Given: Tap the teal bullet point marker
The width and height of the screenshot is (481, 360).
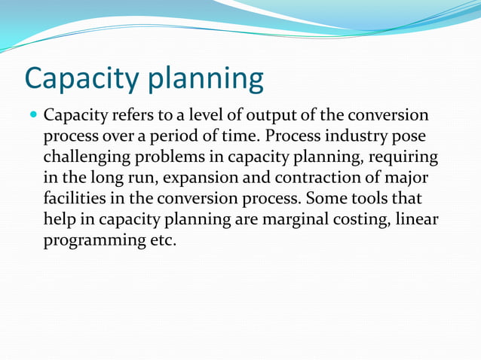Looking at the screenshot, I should coord(34,117).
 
